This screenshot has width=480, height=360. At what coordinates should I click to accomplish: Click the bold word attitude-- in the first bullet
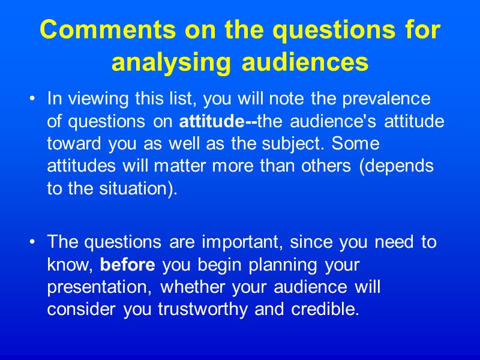[x=218, y=121]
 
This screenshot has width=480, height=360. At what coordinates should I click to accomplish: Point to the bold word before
[x=127, y=265]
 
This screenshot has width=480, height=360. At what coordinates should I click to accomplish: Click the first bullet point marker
[x=31, y=98]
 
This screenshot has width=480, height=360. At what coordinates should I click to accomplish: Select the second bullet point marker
[x=31, y=242]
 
